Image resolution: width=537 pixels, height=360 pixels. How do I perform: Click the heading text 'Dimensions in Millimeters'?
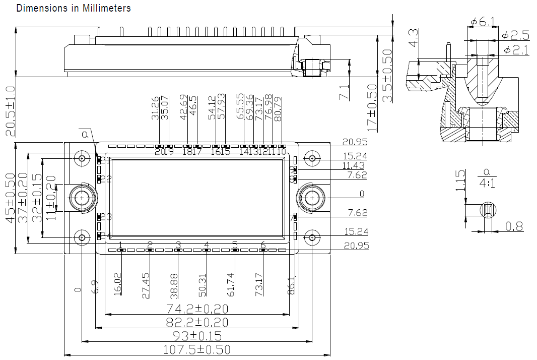click(74, 8)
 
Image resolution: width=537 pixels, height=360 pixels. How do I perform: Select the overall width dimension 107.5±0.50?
click(197, 349)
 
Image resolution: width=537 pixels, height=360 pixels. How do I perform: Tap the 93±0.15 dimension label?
click(197, 336)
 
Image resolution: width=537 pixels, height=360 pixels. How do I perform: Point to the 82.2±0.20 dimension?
click(197, 322)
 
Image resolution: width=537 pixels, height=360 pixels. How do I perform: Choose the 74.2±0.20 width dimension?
click(197, 309)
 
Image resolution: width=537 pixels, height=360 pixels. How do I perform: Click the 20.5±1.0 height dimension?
click(11, 111)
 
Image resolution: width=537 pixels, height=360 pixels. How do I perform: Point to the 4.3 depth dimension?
click(413, 38)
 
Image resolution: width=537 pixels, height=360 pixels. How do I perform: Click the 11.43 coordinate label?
click(355, 166)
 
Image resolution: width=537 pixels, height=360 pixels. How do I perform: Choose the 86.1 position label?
click(291, 285)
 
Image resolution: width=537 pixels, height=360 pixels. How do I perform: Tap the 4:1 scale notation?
click(487, 184)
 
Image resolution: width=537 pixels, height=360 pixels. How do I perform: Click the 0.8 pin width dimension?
click(514, 227)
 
